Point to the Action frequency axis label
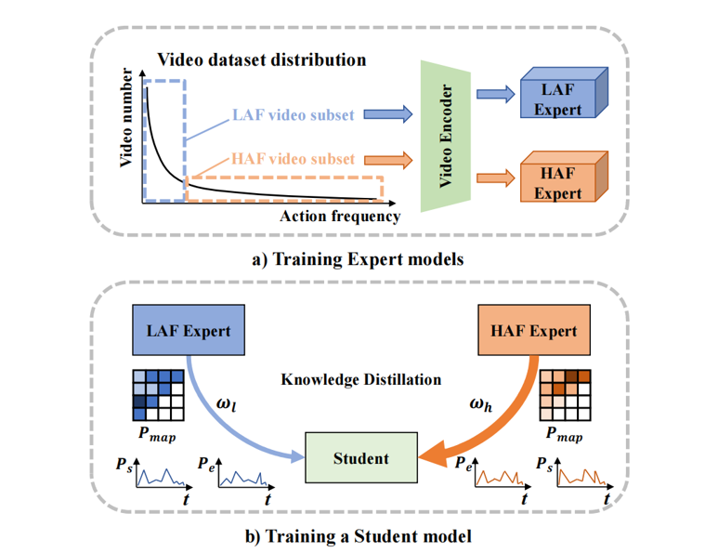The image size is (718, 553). pyautogui.click(x=340, y=217)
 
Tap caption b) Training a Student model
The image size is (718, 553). pyautogui.click(x=359, y=536)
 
